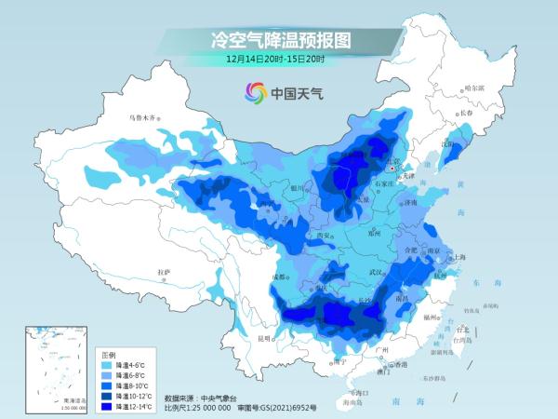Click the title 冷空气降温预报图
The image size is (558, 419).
click(x=279, y=38)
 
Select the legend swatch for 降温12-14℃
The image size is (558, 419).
click(x=108, y=407)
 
